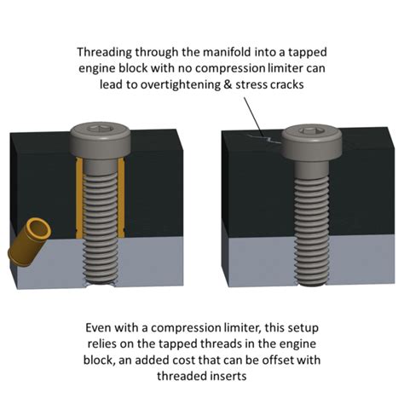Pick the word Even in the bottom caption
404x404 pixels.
[x=98, y=328]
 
